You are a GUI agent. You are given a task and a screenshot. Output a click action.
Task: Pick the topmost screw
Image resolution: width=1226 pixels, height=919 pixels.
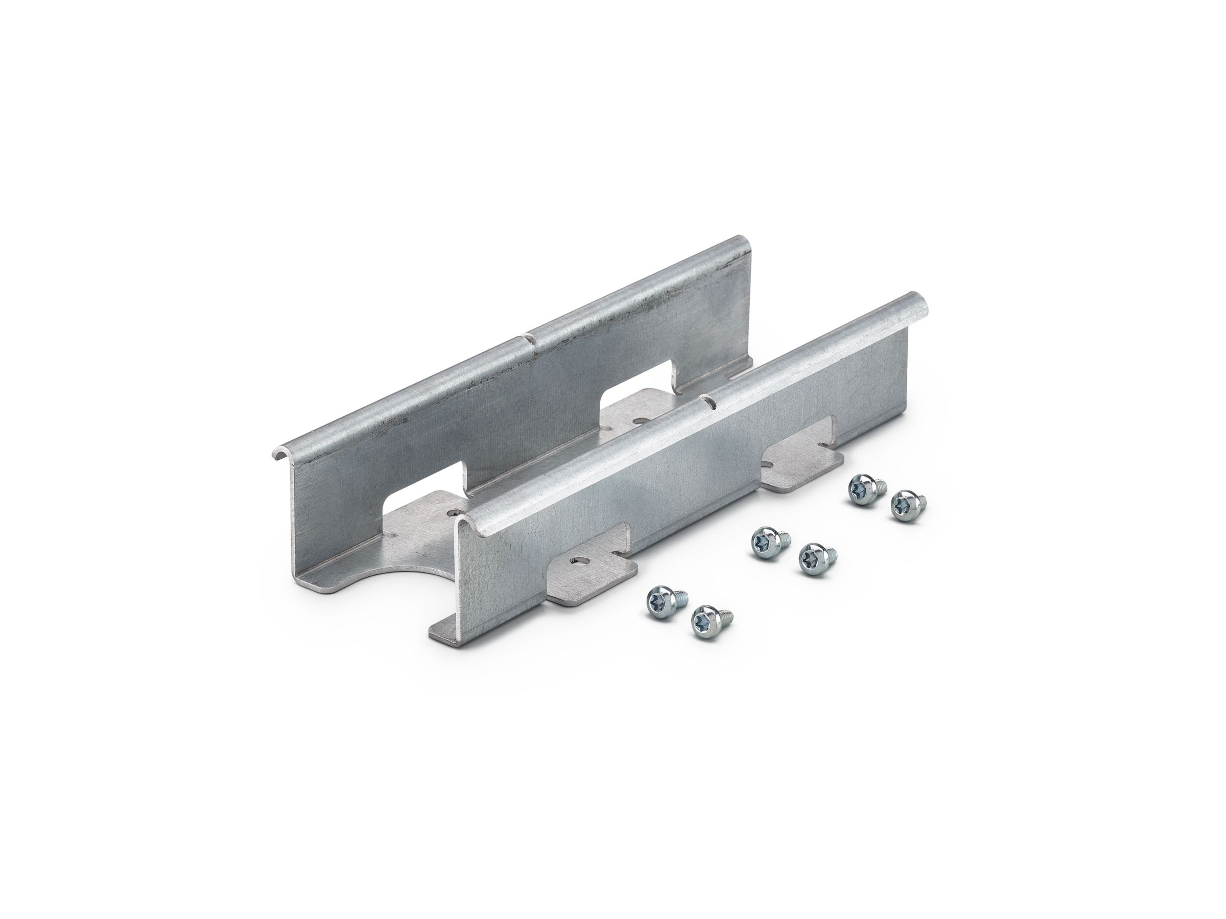(862, 488)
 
